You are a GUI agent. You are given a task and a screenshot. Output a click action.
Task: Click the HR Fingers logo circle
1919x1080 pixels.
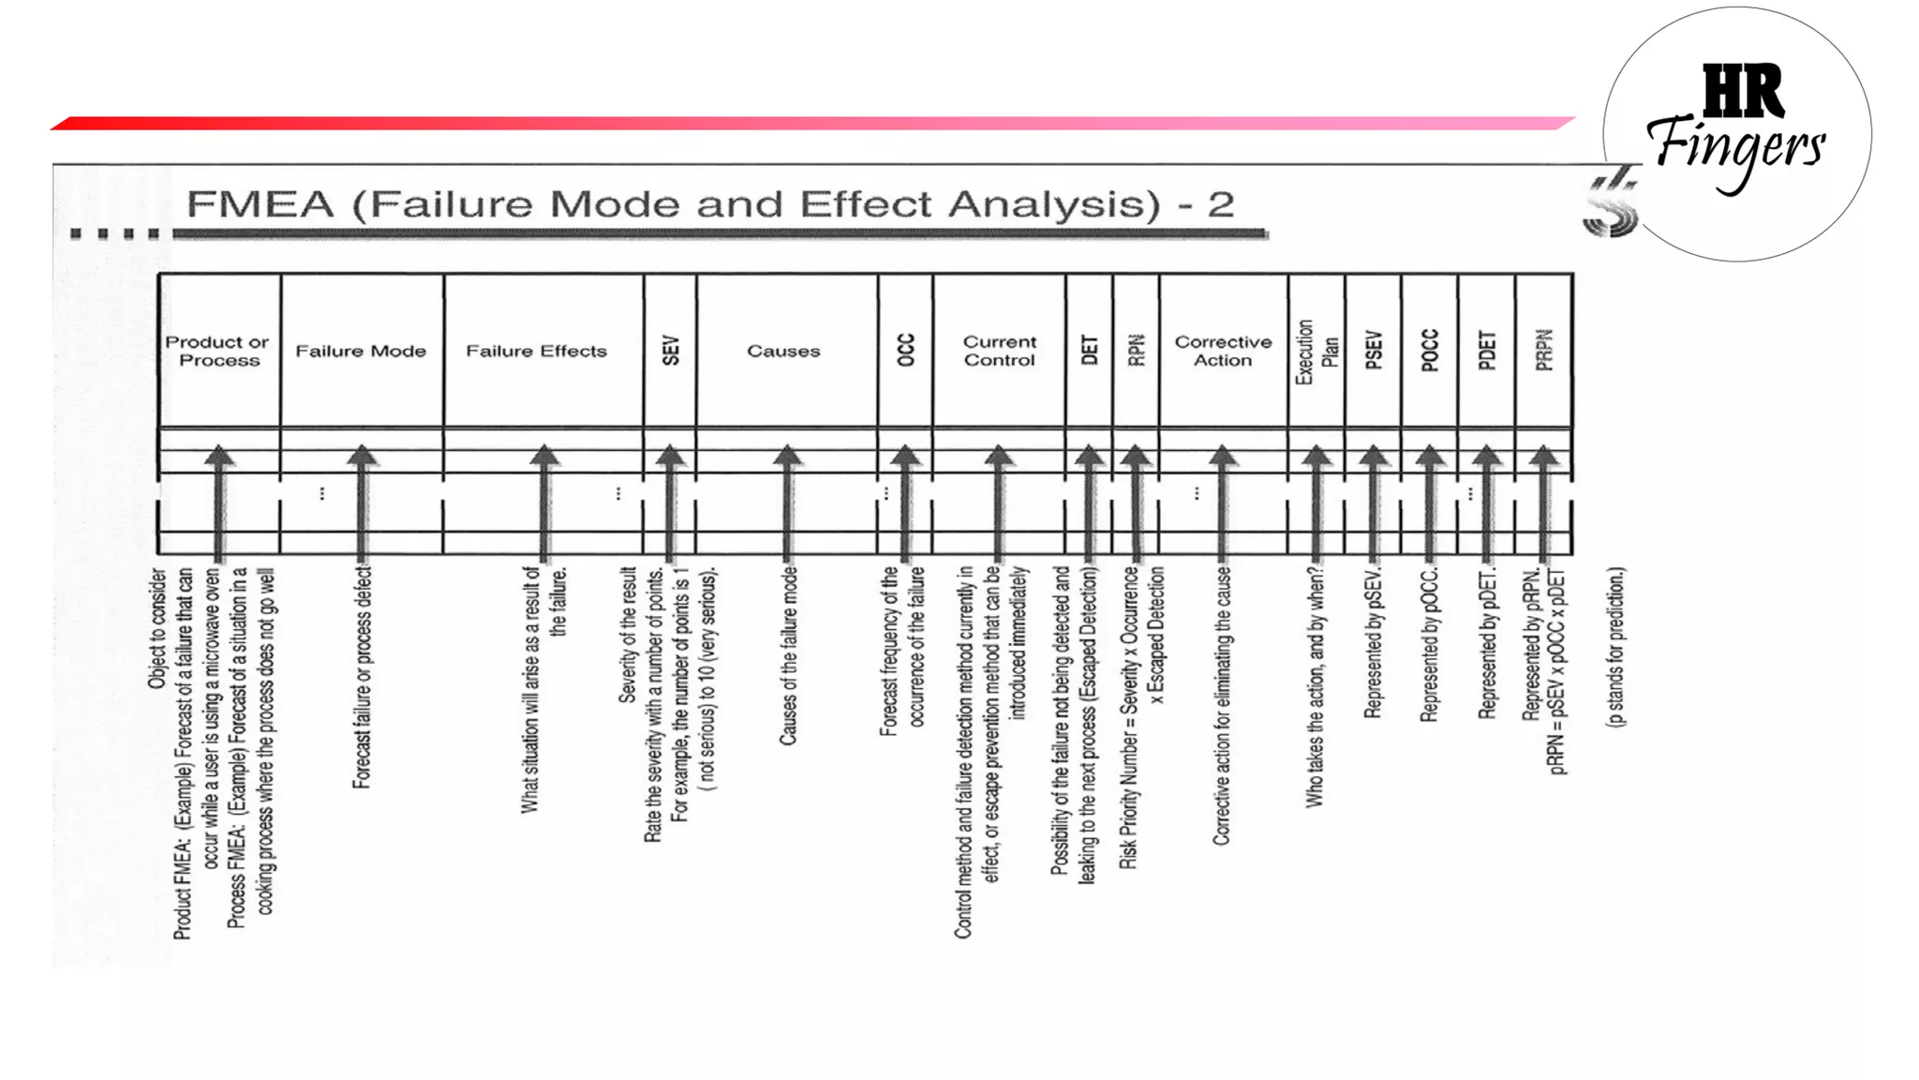click(1736, 134)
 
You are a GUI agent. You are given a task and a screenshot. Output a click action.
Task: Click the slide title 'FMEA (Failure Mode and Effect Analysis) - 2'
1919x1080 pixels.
click(710, 204)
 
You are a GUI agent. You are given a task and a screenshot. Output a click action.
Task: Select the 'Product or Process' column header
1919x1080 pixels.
click(218, 351)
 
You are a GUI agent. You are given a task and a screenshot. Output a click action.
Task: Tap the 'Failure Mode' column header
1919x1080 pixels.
click(361, 351)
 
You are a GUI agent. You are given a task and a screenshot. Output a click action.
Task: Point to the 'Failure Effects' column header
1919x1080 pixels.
click(537, 351)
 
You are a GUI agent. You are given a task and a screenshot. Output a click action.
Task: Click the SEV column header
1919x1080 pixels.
click(670, 351)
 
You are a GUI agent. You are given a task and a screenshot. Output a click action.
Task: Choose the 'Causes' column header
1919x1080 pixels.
click(783, 351)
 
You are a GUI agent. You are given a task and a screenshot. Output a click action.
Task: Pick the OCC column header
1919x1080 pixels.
click(905, 350)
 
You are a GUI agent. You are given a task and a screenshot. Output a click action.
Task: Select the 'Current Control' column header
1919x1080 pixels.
click(1000, 351)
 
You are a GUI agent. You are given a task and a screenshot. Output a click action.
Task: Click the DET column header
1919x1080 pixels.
click(1089, 350)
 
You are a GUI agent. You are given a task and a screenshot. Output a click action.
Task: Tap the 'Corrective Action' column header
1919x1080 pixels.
click(1223, 351)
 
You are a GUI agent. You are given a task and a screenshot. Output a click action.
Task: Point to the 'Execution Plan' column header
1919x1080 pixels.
click(1317, 352)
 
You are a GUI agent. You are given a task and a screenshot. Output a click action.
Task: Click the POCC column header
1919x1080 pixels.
click(1430, 350)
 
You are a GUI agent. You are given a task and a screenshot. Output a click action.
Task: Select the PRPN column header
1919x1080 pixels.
click(1544, 350)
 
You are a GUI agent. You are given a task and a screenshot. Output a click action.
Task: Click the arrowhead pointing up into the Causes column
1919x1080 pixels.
click(787, 457)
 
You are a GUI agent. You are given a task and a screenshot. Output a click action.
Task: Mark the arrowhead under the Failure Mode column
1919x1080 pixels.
click(362, 457)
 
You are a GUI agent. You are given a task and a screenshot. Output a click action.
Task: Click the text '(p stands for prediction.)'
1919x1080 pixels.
click(1616, 647)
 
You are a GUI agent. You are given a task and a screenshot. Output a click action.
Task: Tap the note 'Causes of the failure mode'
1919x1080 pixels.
click(788, 655)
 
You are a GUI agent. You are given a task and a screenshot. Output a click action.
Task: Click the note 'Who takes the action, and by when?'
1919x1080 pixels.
click(1316, 686)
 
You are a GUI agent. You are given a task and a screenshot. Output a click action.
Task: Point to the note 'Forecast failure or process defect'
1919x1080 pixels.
click(362, 677)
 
